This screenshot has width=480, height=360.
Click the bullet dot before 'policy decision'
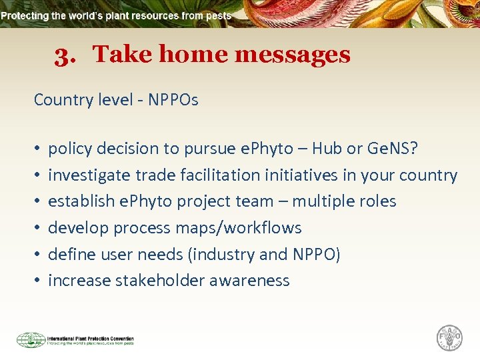37,149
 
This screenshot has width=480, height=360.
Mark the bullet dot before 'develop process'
37,228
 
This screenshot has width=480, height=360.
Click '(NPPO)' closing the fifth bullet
316,254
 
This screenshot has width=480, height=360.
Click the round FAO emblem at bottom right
449,337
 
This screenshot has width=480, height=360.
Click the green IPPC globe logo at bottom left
31,340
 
